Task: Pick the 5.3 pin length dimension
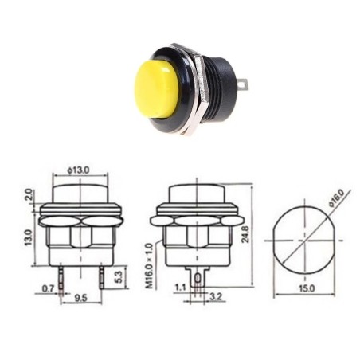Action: click(119, 276)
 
